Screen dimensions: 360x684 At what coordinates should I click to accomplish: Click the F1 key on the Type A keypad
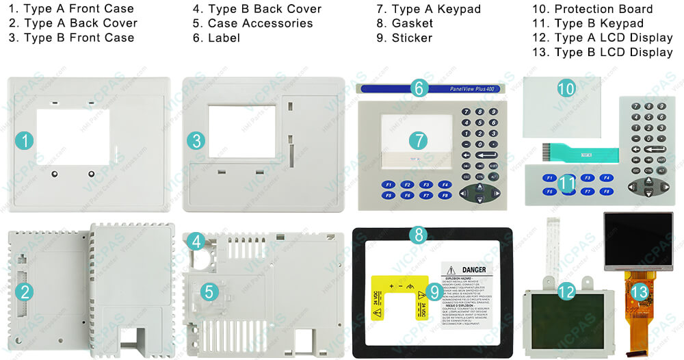[388, 185]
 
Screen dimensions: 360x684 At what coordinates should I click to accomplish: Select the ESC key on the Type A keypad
[466, 177]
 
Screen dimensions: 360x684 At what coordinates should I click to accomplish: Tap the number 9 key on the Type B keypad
[661, 107]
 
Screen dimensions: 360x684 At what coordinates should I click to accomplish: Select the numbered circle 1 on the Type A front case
[25, 142]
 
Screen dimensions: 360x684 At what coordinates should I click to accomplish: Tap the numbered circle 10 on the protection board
[566, 88]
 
